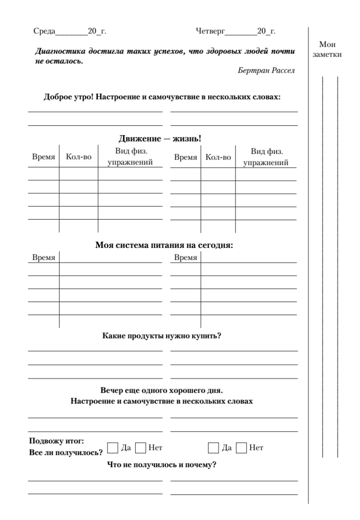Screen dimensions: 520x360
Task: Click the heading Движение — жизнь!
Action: (160, 140)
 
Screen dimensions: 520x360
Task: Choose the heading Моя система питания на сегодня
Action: (164, 245)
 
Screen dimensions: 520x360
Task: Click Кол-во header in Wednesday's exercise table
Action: (78, 157)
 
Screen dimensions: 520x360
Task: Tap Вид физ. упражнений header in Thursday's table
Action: (266, 157)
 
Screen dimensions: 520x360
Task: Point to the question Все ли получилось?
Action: (65, 453)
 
